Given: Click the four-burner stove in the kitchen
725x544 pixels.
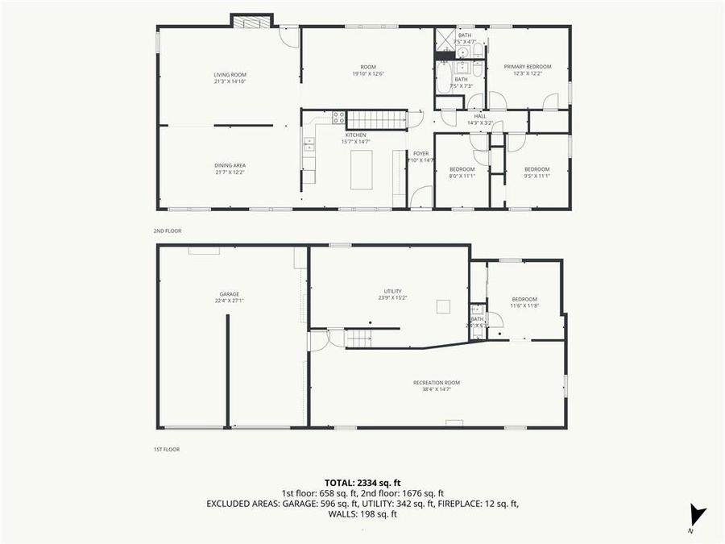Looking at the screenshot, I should (x=339, y=118).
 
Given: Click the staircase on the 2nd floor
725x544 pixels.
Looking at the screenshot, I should (x=377, y=120).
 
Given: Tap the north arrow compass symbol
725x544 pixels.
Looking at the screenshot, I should (x=697, y=516).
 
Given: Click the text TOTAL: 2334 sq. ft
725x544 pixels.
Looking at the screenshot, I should (x=362, y=482).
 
